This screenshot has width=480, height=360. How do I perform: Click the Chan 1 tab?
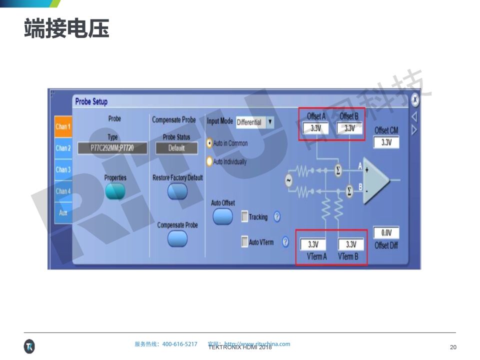(63, 127)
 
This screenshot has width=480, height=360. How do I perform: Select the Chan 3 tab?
(63, 169)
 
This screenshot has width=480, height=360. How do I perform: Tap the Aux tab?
(63, 212)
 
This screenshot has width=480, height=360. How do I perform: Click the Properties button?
(115, 191)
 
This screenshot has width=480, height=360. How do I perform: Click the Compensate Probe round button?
(177, 238)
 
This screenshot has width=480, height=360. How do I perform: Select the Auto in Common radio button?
(209, 143)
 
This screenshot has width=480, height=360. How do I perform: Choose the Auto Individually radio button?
(209, 161)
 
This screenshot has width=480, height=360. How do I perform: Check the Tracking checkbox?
(244, 217)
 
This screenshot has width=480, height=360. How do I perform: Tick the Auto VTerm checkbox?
(244, 242)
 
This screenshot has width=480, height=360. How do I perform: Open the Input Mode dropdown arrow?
(270, 122)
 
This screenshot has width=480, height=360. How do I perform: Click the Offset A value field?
(316, 128)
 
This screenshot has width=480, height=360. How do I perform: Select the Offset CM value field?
(386, 142)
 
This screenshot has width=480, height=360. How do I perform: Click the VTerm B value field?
(351, 244)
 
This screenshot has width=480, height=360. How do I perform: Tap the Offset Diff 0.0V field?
(386, 233)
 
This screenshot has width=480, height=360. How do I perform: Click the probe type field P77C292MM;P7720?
(112, 148)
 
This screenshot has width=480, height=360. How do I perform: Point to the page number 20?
(453, 347)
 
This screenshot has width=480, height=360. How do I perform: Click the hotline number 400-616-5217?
(180, 344)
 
